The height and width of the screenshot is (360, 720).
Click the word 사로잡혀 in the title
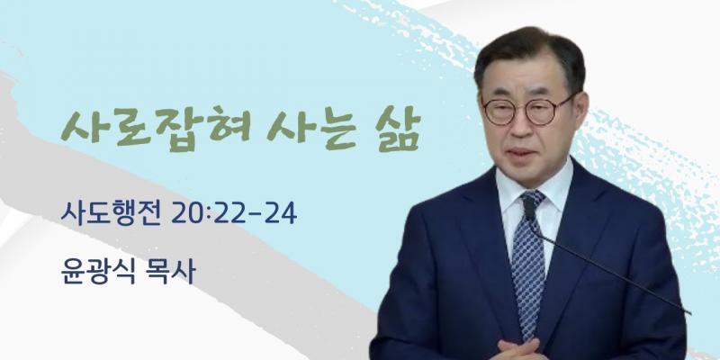pos(155,126)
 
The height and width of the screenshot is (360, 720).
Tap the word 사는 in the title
pos(312,126)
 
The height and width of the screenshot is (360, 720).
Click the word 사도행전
pos(111,213)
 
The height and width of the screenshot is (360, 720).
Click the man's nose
pos(520,121)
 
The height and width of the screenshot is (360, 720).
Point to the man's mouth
pos(523,151)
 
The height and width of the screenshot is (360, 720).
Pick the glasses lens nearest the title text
pos(499,111)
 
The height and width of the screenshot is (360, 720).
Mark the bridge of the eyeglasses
pos(520,107)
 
